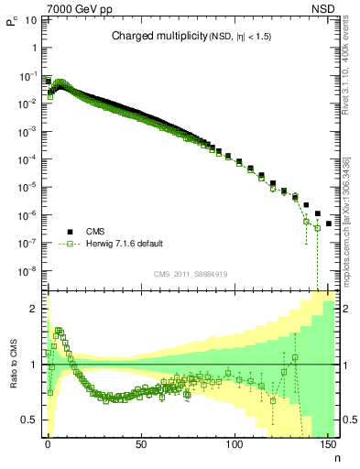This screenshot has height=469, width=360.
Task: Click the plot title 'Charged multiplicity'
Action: pyautogui.click(x=150, y=36)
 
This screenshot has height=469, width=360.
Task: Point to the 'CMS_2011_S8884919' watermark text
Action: pyautogui.click(x=191, y=273)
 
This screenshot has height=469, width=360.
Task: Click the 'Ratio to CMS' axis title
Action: pyautogui.click(x=14, y=365)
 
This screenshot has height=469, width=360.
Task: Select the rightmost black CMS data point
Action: pyautogui.click(x=328, y=224)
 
